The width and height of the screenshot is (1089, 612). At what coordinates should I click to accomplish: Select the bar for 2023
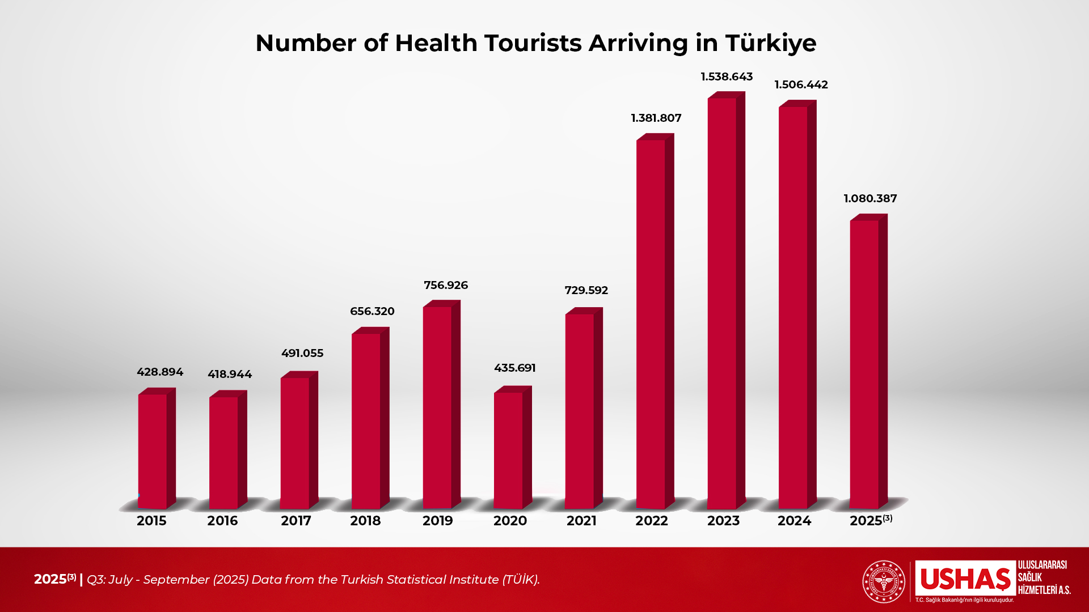(x=722, y=303)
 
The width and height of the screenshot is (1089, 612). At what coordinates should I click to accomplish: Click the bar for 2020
(x=508, y=450)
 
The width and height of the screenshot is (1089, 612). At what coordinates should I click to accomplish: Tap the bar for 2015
(x=153, y=451)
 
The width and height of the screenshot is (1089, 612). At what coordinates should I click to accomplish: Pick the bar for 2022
(x=651, y=324)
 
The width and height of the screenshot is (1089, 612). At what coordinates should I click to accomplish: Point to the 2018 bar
(x=366, y=421)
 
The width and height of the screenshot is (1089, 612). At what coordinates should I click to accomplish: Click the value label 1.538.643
(x=727, y=76)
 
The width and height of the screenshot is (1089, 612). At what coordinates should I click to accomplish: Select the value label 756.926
(x=446, y=285)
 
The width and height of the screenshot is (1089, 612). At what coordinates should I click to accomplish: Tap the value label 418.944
(x=230, y=374)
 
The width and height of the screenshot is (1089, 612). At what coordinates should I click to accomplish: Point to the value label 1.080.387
(x=870, y=198)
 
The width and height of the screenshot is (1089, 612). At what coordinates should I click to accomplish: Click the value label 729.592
(x=586, y=290)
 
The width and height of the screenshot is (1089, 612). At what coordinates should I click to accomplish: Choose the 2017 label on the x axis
(x=296, y=521)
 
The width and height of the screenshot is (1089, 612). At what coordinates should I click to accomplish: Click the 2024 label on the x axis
(x=794, y=521)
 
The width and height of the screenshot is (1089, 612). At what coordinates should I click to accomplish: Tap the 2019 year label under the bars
(x=437, y=521)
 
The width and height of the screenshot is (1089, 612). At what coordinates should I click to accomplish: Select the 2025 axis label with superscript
(x=870, y=520)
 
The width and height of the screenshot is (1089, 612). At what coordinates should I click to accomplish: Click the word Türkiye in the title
(x=771, y=43)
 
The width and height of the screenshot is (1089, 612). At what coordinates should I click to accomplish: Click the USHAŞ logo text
(x=965, y=579)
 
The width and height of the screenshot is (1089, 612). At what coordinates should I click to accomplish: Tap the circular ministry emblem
(x=884, y=581)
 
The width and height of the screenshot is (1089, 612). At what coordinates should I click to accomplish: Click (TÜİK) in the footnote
(x=521, y=579)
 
